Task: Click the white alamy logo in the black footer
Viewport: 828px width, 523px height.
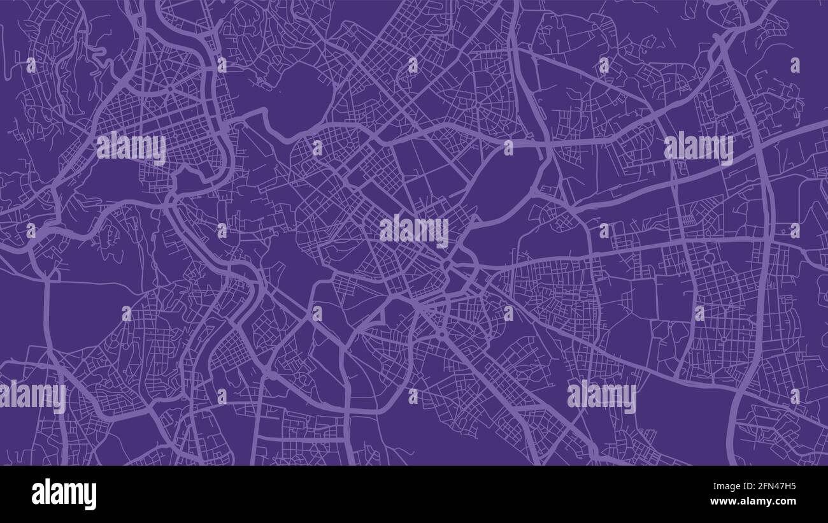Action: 64,494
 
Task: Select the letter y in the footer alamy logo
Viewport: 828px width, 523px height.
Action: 90,497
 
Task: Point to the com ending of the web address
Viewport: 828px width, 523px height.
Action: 786,502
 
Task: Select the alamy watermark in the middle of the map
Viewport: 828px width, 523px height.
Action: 414,231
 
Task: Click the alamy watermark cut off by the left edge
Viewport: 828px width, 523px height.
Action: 32,396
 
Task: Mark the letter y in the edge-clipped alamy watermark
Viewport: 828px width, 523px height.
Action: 59,399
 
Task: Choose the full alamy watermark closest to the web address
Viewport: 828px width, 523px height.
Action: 601,396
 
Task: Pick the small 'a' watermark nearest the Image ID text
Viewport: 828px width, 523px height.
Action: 795,396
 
